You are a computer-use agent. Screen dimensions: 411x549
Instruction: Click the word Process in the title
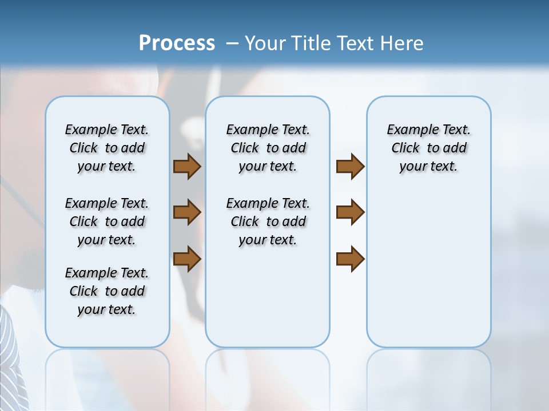pyautogui.click(x=177, y=43)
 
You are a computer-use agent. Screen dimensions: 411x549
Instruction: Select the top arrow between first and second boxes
pyautogui.click(x=187, y=166)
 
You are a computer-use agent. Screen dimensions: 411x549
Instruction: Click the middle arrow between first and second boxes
pyautogui.click(x=187, y=212)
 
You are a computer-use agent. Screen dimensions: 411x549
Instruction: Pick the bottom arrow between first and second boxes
pyautogui.click(x=187, y=258)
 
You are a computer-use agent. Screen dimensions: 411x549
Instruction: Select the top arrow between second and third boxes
pyautogui.click(x=350, y=166)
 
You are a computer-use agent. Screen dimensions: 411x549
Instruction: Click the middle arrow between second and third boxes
pyautogui.click(x=350, y=212)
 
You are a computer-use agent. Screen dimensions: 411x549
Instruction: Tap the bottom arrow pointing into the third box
pyautogui.click(x=350, y=258)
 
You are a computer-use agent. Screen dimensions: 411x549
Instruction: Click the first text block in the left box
pyautogui.click(x=107, y=148)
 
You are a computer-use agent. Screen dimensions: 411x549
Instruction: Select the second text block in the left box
pyautogui.click(x=107, y=221)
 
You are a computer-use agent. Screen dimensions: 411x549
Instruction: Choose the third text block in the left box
pyautogui.click(x=107, y=291)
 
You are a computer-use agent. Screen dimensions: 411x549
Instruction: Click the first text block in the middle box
pyautogui.click(x=268, y=148)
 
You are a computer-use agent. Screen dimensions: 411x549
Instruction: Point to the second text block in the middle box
pyautogui.click(x=268, y=221)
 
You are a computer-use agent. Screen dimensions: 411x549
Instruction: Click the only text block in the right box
pyautogui.click(x=428, y=148)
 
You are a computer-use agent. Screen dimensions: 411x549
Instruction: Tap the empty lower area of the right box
pyautogui.click(x=428, y=274)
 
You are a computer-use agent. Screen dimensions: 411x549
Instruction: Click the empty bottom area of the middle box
pyautogui.click(x=268, y=303)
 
